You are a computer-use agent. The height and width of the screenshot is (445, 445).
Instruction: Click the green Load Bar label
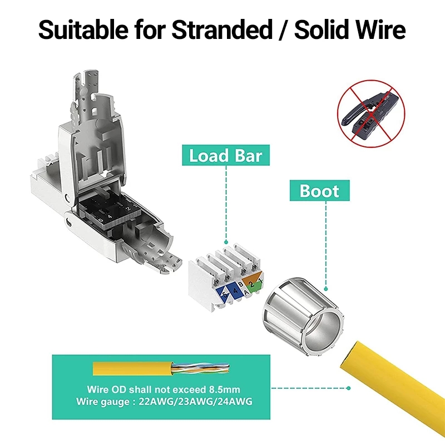coord(225,155)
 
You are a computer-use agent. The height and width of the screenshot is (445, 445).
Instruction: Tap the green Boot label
coord(319,191)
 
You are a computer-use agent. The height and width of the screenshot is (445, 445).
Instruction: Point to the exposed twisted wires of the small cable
coord(189,368)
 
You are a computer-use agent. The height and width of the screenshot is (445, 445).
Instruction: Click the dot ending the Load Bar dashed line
coord(226,243)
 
